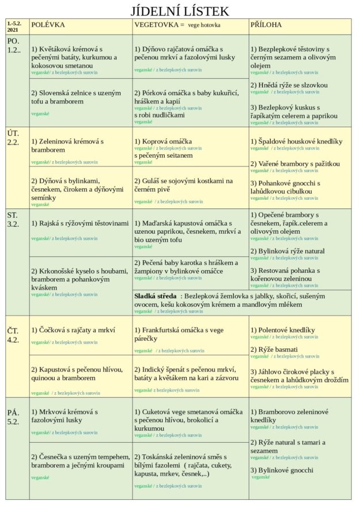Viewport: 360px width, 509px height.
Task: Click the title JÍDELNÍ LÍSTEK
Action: pos(180,11)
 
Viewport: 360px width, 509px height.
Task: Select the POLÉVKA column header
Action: pos(48,25)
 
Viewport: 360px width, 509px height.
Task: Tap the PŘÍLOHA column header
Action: pos(266,25)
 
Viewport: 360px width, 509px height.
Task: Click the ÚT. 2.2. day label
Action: pos(13,138)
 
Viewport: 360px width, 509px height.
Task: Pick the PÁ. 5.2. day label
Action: pos(13,417)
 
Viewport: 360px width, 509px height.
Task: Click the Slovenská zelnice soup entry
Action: pos(76,97)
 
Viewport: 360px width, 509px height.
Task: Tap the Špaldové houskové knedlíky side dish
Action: pos(297,142)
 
